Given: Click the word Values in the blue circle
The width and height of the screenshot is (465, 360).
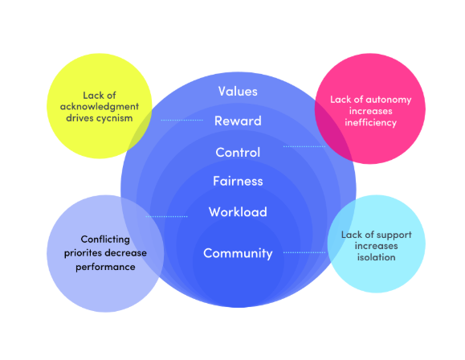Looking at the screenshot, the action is point(238,92).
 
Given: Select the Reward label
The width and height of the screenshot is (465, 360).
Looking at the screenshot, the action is point(238,121).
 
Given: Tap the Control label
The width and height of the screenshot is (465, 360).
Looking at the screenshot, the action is point(238,153).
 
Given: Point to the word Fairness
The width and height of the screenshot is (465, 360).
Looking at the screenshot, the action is point(238,181).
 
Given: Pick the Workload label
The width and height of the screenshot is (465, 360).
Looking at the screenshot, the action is point(238,212).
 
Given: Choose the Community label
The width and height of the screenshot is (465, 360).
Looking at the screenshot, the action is point(238,254).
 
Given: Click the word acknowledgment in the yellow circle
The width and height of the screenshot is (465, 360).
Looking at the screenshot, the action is point(100,107).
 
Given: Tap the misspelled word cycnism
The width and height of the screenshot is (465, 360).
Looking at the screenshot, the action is point(113,119).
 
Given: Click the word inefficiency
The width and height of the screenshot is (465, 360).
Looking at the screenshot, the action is point(371,123).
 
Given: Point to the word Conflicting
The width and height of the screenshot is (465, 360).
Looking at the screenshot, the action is point(105,239).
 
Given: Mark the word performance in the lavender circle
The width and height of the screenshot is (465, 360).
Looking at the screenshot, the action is point(105,267).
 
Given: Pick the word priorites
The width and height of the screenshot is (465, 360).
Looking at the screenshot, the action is point(82,253).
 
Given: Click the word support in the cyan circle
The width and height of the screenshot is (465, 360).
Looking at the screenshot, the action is point(394,235).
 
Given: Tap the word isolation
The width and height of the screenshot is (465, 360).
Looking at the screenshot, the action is point(376,257).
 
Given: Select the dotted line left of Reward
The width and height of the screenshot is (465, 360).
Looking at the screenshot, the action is point(182,121).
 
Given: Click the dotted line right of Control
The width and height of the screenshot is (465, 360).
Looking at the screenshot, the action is point(304,146).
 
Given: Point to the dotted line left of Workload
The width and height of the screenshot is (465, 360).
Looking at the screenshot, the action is point(167,217).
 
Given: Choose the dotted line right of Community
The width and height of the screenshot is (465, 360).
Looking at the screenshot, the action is point(304,252).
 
